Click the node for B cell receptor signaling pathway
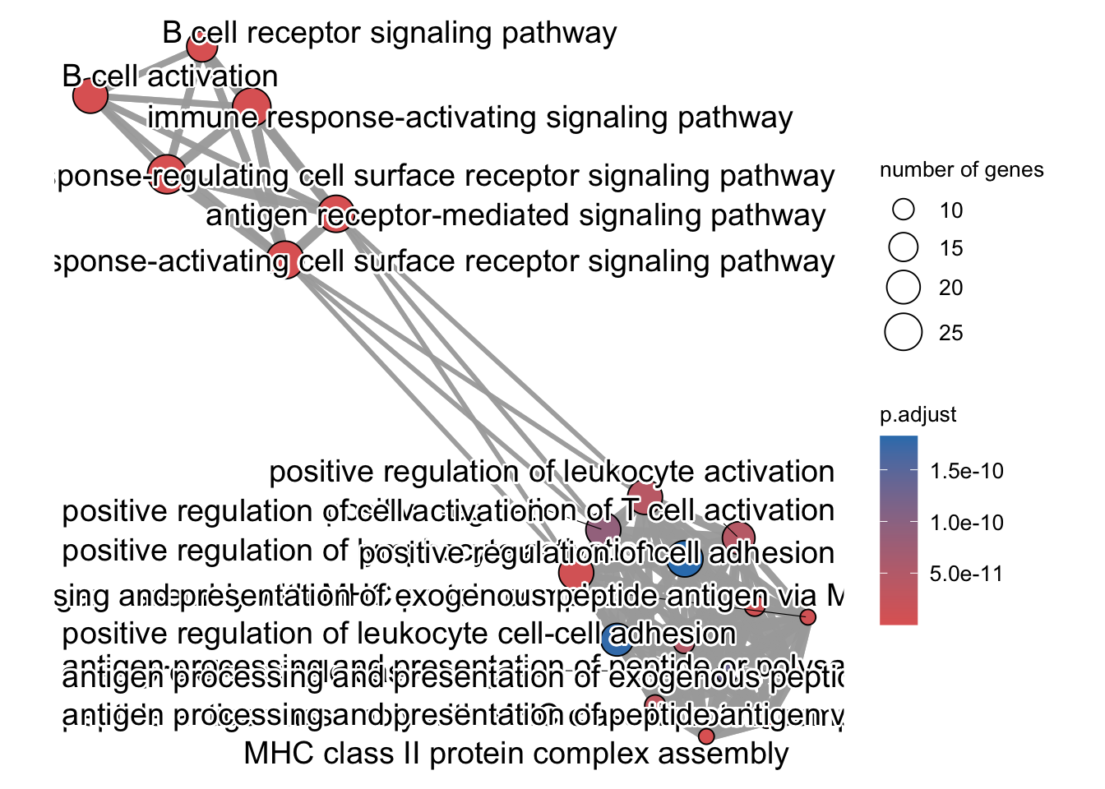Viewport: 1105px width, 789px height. click(201, 47)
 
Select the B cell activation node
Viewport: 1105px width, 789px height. click(90, 96)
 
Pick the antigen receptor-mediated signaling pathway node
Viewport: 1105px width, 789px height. click(336, 214)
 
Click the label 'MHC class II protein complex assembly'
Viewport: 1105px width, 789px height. click(516, 753)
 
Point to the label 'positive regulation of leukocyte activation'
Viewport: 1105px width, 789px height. click(552, 472)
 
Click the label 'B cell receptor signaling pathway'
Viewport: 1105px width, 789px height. click(390, 33)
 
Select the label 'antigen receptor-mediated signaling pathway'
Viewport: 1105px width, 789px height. click(516, 215)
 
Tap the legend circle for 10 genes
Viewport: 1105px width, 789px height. click(904, 210)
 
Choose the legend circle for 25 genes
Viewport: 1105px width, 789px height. click(904, 332)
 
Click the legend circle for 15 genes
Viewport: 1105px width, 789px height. click(904, 247)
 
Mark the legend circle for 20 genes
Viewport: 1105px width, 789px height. click(904, 287)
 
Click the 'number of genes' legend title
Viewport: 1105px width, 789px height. click(961, 170)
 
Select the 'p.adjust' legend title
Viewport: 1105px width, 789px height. click(918, 414)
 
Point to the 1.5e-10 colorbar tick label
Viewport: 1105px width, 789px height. click(967, 471)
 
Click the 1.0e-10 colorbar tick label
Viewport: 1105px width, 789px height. click(967, 523)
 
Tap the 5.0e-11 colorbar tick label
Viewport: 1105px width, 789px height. click(967, 574)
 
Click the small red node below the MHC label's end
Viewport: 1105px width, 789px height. click(706, 736)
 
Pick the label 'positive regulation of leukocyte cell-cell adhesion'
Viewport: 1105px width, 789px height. click(399, 634)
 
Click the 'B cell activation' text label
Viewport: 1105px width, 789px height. click(170, 76)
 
